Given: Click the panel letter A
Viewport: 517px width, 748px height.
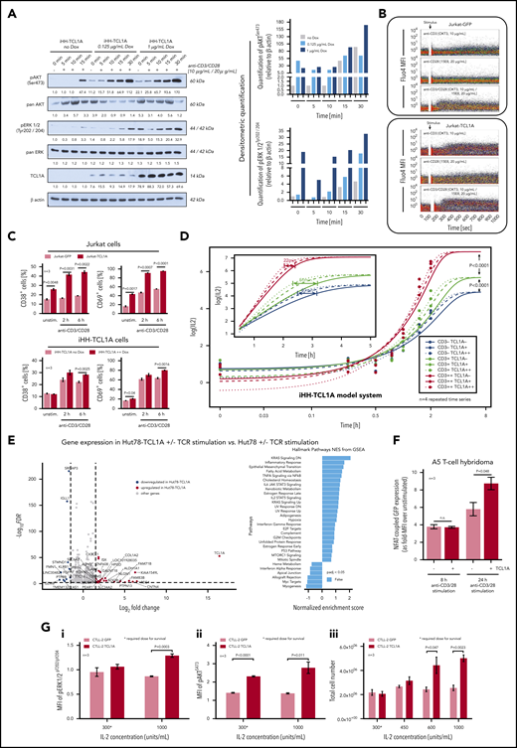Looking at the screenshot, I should pos(9,9).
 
